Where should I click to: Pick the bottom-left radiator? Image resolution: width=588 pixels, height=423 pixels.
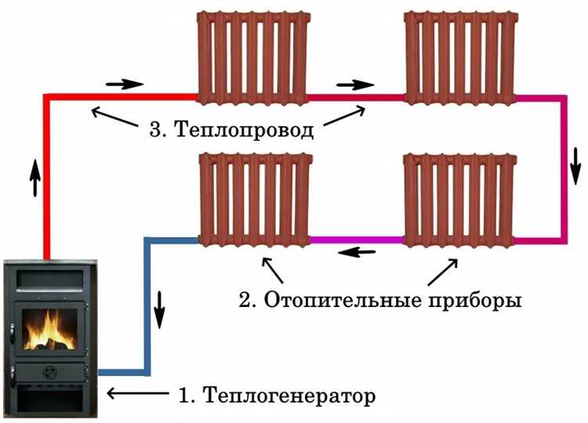(254, 200)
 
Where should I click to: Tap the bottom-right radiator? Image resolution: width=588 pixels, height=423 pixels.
(459, 200)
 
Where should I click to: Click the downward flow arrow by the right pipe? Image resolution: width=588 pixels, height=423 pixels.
(576, 161)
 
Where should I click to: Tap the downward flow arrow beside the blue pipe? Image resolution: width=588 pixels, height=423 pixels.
(160, 307)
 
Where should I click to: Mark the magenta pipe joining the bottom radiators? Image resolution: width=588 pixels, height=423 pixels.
(357, 239)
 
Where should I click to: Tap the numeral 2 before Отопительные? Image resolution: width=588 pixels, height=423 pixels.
(245, 300)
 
